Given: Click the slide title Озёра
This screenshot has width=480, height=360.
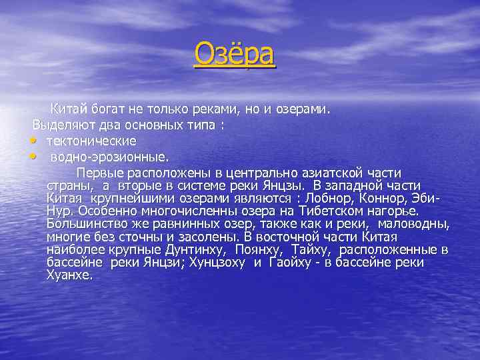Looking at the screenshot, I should pyautogui.click(x=234, y=55).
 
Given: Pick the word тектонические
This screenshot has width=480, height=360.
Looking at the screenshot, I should pyautogui.click(x=91, y=141).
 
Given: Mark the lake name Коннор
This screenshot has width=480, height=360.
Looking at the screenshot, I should pyautogui.click(x=388, y=199).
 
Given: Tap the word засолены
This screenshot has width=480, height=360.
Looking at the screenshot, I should pyautogui.click(x=189, y=237).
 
